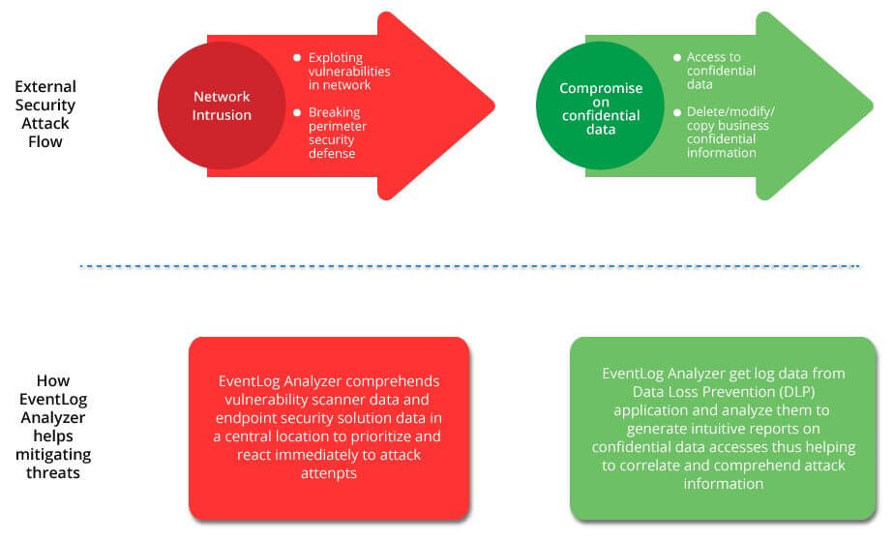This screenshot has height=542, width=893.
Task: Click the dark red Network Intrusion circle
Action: click(x=222, y=105)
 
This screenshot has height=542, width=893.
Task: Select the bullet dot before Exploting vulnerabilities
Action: click(x=297, y=58)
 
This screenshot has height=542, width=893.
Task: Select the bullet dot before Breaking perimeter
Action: click(x=297, y=113)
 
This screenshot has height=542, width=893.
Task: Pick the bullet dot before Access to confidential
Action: click(x=676, y=58)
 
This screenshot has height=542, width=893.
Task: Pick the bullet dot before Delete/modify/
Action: click(x=676, y=113)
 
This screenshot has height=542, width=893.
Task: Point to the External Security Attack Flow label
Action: click(x=45, y=114)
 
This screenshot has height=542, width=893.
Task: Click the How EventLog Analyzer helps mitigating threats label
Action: click(x=59, y=427)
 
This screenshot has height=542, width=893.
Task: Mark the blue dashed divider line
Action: click(x=469, y=265)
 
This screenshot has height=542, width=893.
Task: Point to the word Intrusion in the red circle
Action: click(x=222, y=115)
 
